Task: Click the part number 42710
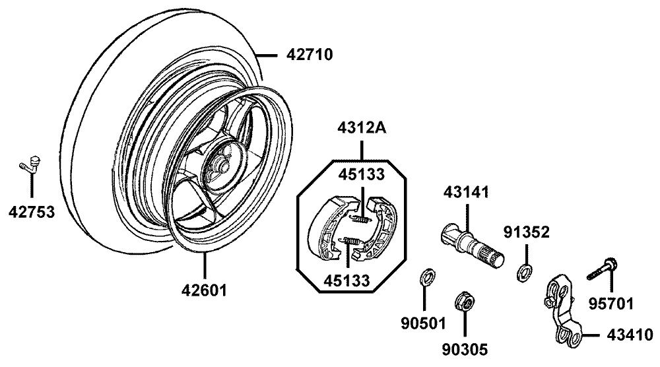coord(310,55)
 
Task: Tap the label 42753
coord(32,212)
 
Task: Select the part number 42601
coord(204,290)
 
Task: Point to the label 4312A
coord(362,128)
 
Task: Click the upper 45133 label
coord(362,174)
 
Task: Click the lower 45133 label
coord(346,281)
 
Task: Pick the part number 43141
coord(466,192)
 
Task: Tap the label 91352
coord(527,232)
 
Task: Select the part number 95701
coord(610,302)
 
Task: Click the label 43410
coord(630,335)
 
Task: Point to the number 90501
coord(423,323)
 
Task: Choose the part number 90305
coord(465,349)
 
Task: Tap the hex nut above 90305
coord(465,301)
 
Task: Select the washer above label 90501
coord(427,277)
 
